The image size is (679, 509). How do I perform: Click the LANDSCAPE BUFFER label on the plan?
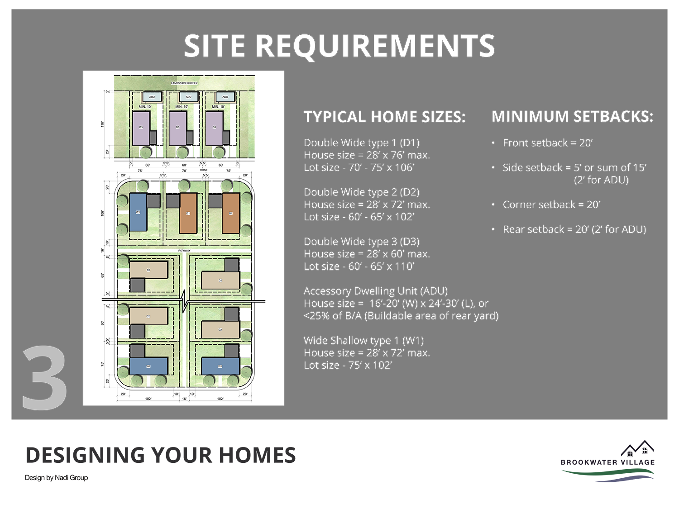click(184, 83)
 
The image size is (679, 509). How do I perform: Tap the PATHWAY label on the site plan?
click(184, 250)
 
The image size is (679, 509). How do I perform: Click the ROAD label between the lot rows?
click(204, 170)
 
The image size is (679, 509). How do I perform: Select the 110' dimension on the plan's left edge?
click(102, 124)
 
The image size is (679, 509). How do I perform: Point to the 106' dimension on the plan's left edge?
click(102, 213)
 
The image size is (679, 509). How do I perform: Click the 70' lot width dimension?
click(184, 171)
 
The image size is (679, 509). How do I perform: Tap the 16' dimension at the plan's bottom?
click(184, 399)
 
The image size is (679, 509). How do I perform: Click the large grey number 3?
click(44, 378)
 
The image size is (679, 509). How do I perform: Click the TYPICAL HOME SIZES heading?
click(384, 117)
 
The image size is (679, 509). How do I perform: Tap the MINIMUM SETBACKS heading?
click(572, 117)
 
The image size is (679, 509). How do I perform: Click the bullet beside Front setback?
click(493, 143)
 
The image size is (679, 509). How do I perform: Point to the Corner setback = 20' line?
click(551, 205)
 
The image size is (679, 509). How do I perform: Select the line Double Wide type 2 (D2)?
click(361, 192)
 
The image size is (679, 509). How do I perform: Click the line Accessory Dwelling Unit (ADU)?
click(375, 291)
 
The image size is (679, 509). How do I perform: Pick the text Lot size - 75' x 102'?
click(348, 365)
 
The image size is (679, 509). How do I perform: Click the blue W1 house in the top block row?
click(138, 212)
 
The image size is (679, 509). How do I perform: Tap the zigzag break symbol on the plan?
click(184, 301)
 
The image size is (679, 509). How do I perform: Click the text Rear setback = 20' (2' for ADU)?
click(574, 229)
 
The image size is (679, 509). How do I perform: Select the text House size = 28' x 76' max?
click(367, 155)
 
